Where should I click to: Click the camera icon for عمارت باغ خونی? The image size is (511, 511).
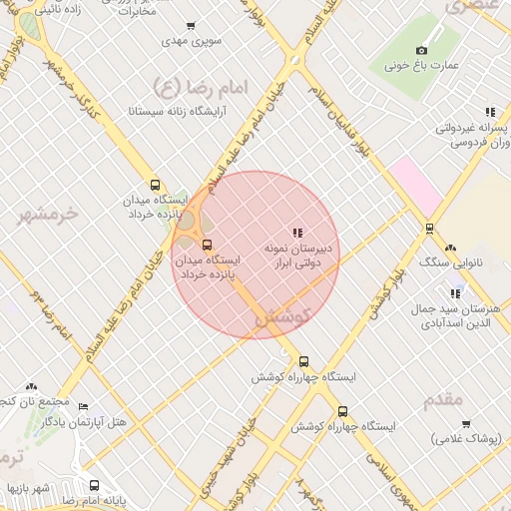coord(421,50)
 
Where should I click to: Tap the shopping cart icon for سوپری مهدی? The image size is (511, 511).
coord(191,26)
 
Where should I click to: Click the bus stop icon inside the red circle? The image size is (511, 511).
coord(208,245)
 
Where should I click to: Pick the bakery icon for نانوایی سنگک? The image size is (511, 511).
coord(451,248)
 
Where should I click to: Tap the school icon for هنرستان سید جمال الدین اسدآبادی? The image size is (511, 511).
coord(455,293)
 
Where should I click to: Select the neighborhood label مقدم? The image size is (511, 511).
coord(443,399)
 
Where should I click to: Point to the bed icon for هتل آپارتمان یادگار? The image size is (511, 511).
coord(83,407)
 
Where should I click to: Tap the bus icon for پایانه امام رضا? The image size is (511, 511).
coord(94,486)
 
